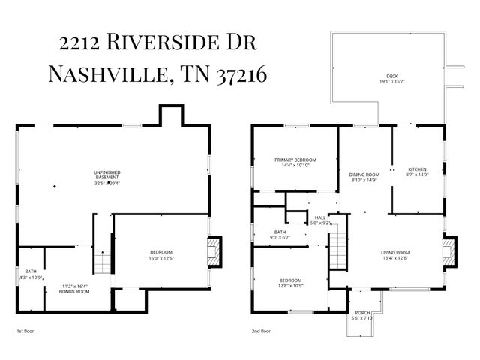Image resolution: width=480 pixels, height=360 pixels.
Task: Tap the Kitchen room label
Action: (x=416, y=169)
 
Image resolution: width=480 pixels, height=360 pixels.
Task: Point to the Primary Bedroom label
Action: (x=295, y=160)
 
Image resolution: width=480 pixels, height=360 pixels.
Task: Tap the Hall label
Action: (x=320, y=217)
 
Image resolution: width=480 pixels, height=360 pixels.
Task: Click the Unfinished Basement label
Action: (x=108, y=173)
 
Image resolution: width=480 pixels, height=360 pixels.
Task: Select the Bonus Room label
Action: (x=75, y=290)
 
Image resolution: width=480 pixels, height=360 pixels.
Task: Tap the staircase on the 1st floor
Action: (x=100, y=262)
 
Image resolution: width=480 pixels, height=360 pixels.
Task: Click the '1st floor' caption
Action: (x=25, y=331)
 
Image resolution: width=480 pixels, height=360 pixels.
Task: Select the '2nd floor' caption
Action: (x=262, y=331)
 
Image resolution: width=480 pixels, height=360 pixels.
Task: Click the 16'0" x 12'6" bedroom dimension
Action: (x=161, y=258)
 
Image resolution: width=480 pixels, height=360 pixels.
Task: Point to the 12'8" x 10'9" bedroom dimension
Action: (x=290, y=286)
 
